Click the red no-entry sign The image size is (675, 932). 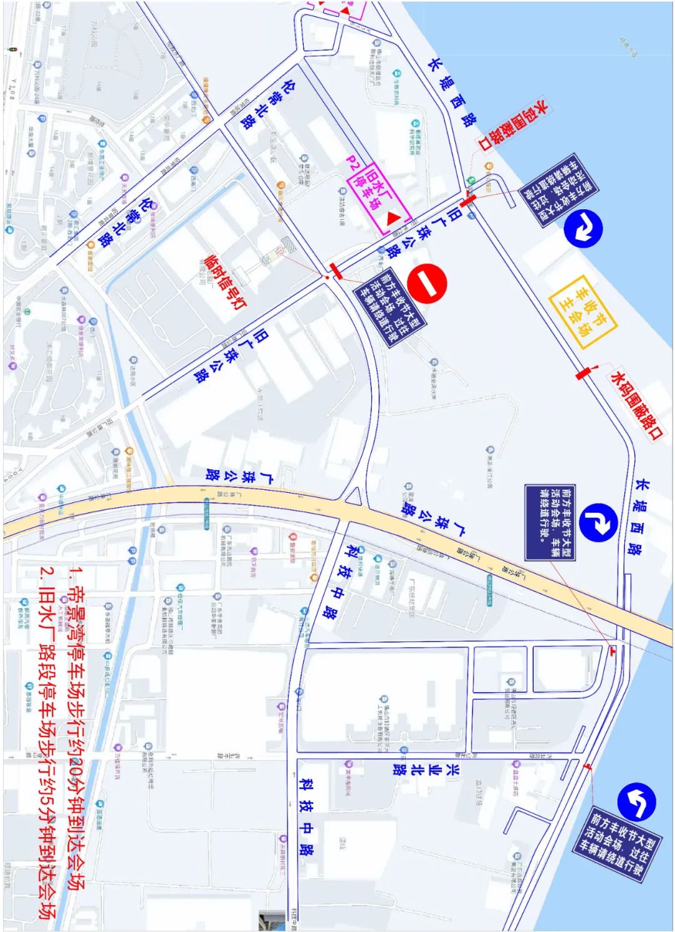click(x=427, y=284)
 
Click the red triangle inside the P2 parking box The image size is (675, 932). click(x=393, y=218)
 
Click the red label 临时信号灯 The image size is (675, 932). click(x=226, y=281)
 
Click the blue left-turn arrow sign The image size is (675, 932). click(x=636, y=801)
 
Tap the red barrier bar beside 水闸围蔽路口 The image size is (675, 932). click(x=582, y=373)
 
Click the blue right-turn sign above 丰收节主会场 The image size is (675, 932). click(x=582, y=227)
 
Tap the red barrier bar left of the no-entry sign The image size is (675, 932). click(x=336, y=271)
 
